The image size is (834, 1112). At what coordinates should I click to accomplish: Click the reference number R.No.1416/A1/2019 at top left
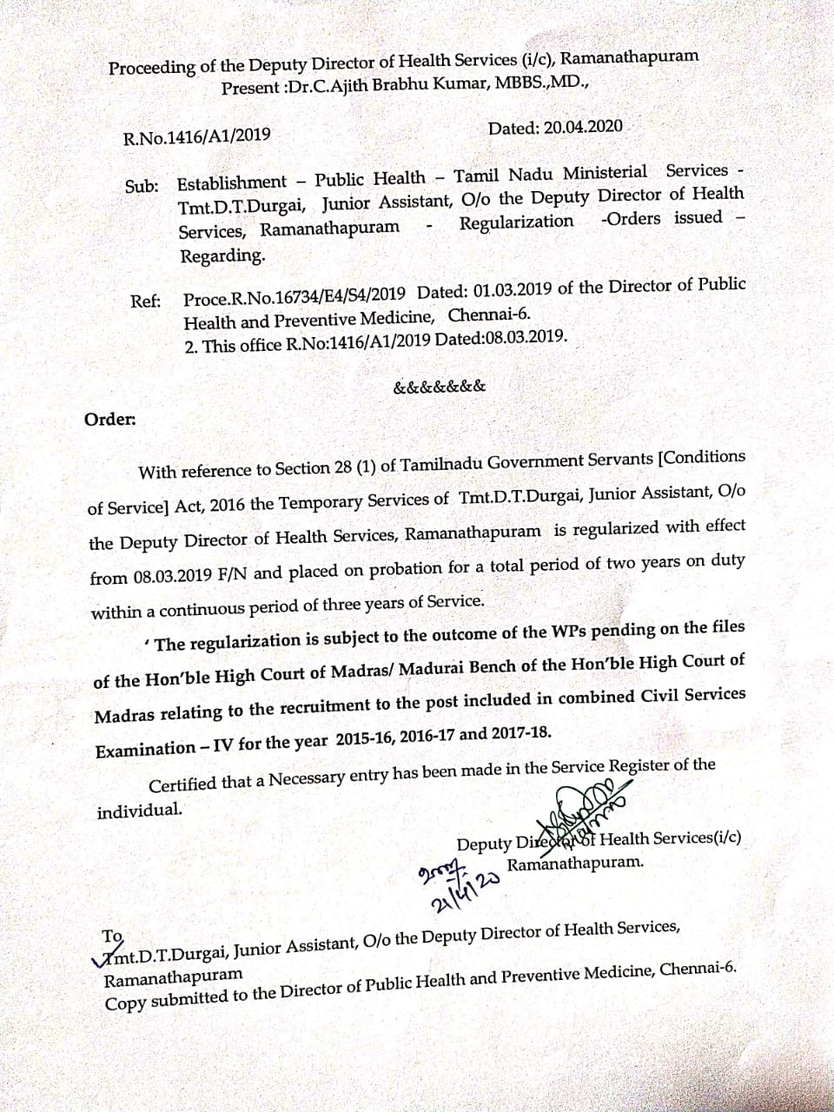point(196,136)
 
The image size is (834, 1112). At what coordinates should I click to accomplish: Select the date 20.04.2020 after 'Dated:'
point(583,126)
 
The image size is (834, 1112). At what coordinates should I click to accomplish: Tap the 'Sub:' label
point(142,186)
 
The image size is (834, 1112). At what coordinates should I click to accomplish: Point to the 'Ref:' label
point(145,301)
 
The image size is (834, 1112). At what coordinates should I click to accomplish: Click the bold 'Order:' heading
point(109,420)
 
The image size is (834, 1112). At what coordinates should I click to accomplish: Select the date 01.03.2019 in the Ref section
point(503,291)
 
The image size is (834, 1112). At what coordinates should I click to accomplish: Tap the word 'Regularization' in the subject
point(516,222)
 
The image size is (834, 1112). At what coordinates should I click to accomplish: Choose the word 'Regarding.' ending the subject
point(222,256)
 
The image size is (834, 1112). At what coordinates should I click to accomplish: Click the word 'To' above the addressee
point(112,937)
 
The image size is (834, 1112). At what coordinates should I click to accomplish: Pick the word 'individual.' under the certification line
point(140,810)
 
